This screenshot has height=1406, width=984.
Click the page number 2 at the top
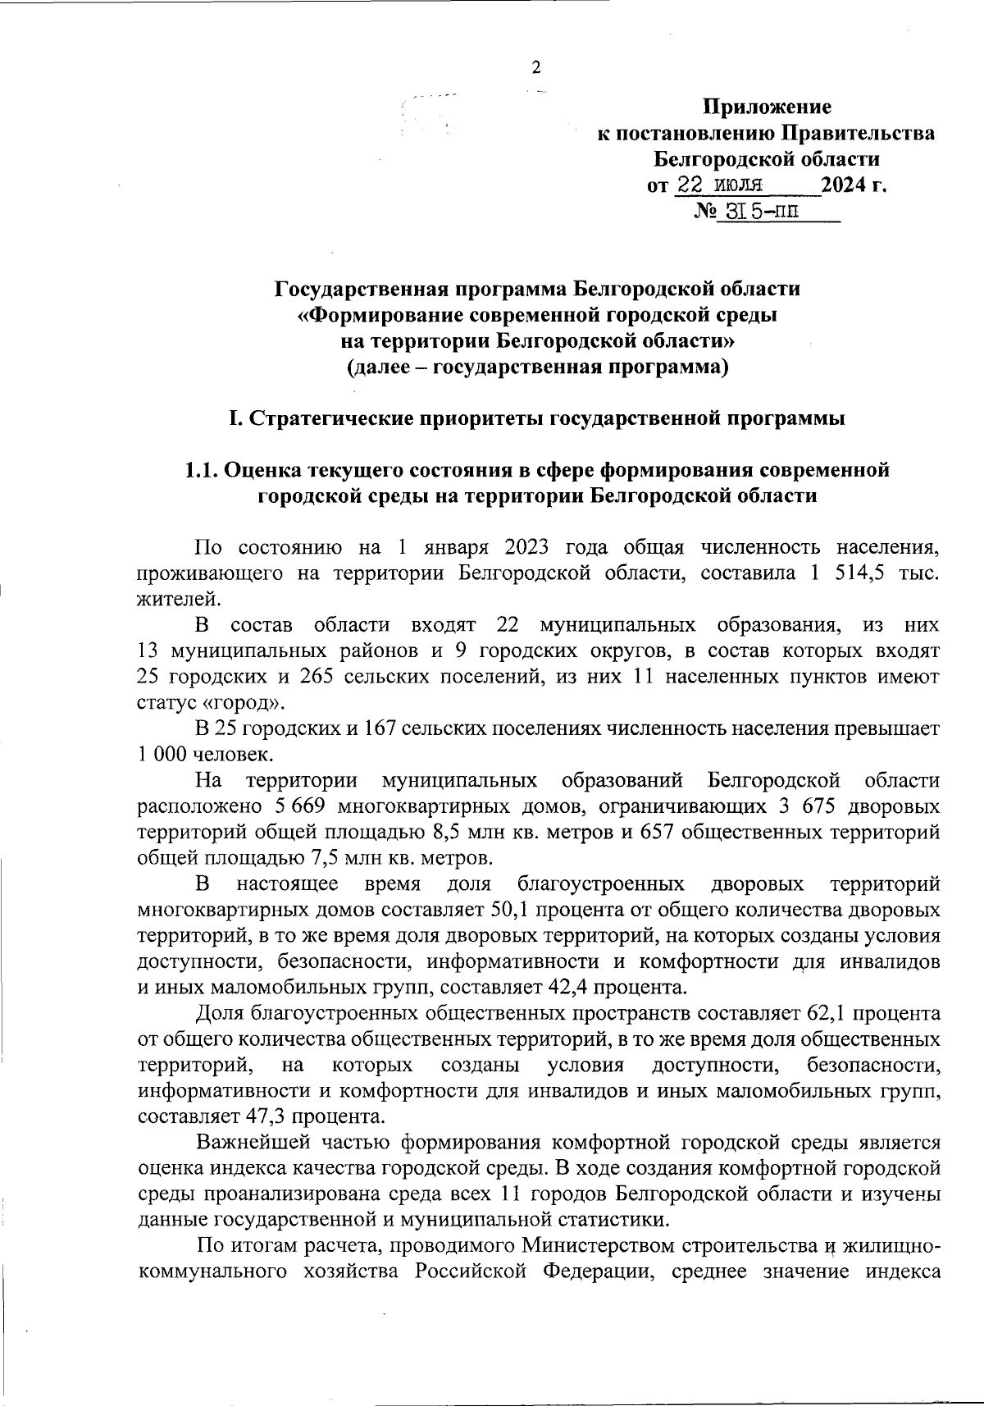pos(536,68)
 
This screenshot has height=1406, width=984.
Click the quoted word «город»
pos(246,703)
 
